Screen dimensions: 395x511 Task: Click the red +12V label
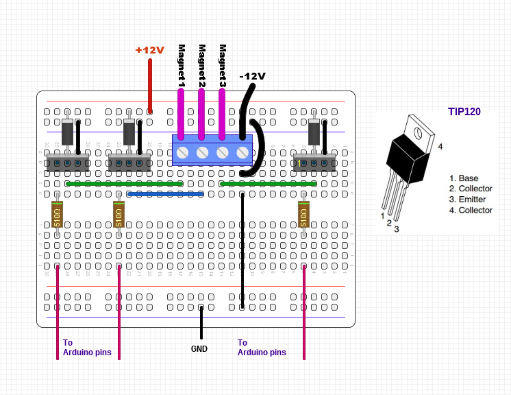[149, 50]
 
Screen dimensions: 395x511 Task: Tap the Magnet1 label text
[182, 66]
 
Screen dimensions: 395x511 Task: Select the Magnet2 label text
[202, 66]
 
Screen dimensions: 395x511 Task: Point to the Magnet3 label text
[223, 66]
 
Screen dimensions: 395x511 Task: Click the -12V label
[252, 76]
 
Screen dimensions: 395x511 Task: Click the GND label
[199, 348]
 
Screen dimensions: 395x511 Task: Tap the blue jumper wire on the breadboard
[166, 194]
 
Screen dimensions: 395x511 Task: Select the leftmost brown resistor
[58, 215]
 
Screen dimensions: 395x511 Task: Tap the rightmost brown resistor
[304, 215]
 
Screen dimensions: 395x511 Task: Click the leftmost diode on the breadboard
[68, 132]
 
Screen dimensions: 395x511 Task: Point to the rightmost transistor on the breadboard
[314, 163]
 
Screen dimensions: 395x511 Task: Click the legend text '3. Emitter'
[468, 200]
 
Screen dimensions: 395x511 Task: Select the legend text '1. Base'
[464, 178]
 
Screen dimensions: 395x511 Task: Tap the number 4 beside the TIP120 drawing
[440, 147]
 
